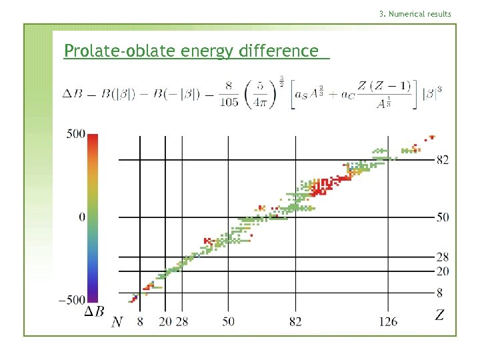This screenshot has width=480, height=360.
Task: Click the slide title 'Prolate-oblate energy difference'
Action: click(191, 51)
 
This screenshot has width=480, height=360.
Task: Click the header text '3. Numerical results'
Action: click(415, 14)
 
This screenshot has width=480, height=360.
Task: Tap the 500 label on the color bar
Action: click(75, 134)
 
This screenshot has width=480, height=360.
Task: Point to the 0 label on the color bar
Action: click(81, 217)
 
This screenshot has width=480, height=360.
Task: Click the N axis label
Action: click(117, 322)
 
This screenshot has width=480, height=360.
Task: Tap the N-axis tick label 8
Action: click(139, 322)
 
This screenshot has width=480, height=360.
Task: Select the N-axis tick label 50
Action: click(228, 322)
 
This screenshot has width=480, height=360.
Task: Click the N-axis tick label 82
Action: click(295, 322)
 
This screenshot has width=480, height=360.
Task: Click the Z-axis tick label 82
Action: click(443, 160)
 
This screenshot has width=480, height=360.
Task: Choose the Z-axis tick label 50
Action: click(443, 217)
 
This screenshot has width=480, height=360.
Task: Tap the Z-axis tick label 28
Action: click(443, 257)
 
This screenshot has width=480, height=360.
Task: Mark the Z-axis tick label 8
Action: click(440, 292)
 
